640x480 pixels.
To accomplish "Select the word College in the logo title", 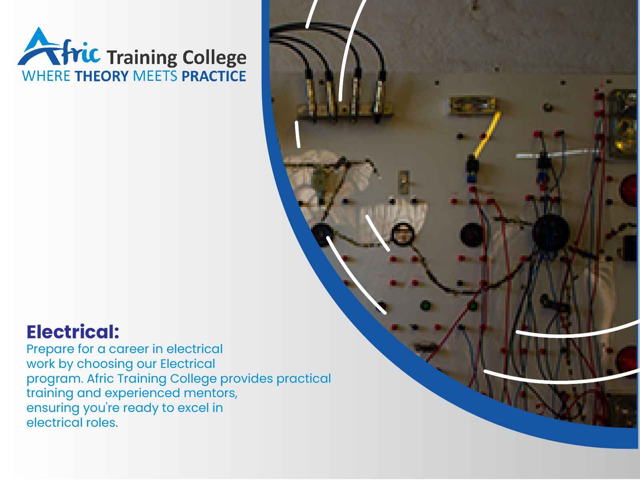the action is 214,58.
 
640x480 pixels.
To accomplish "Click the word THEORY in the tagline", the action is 102,76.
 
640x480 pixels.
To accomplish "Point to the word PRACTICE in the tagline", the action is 214,76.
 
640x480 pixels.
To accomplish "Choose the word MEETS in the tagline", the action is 155,76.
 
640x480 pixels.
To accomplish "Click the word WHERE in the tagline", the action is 46,76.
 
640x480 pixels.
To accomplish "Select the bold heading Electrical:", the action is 73,332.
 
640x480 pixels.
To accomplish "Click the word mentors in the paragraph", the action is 211,393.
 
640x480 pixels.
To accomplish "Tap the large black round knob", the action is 550,233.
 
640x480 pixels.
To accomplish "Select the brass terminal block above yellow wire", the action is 471,106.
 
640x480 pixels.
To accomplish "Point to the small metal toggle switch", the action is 403,182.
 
